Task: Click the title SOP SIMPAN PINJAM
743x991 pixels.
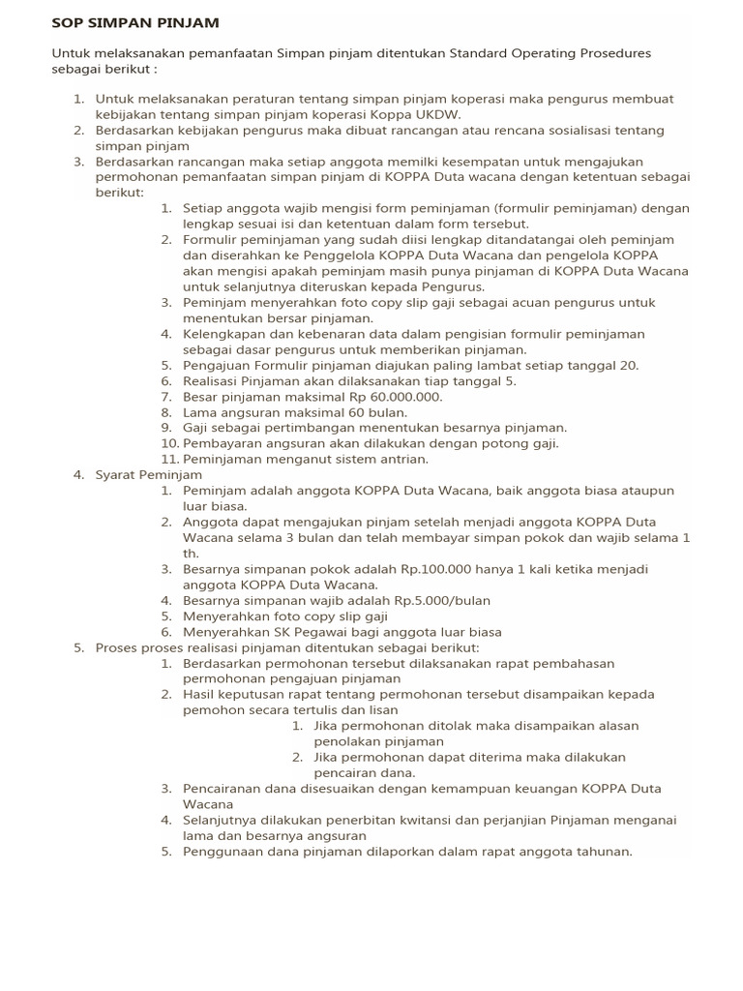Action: pos(135,21)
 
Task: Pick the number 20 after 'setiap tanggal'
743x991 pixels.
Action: pos(628,365)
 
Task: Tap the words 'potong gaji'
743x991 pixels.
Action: pos(520,443)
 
